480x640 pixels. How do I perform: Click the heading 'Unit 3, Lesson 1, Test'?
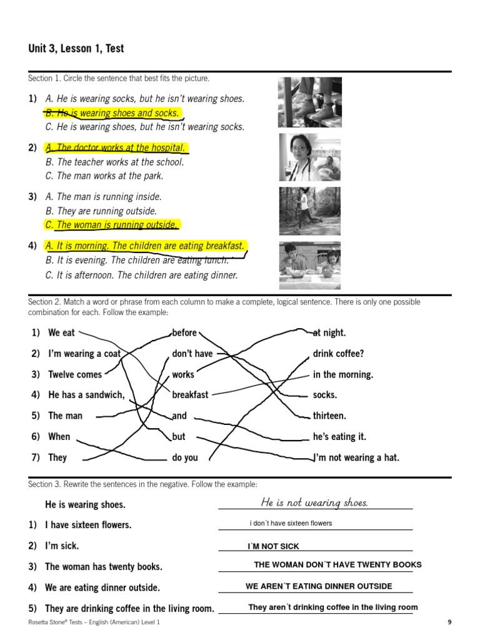click(76, 48)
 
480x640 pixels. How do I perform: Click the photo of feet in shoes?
click(310, 102)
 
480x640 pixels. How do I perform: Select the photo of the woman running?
click(310, 211)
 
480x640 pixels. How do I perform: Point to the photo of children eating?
click(310, 265)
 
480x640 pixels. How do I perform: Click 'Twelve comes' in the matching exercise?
click(74, 374)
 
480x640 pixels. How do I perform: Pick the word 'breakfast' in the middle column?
click(190, 395)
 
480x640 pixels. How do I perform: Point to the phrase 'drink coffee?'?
click(338, 354)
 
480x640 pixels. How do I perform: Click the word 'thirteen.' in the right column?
click(329, 416)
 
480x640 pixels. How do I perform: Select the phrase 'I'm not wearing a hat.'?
click(356, 457)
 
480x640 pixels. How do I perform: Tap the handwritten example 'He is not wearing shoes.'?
click(314, 502)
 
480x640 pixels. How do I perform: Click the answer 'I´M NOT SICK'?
click(273, 546)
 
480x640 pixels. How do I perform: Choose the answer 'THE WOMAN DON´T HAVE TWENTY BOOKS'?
click(337, 564)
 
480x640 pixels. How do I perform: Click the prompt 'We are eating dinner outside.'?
click(102, 587)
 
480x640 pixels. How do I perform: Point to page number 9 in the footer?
click(449, 622)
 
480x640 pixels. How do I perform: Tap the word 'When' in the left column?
click(59, 436)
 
